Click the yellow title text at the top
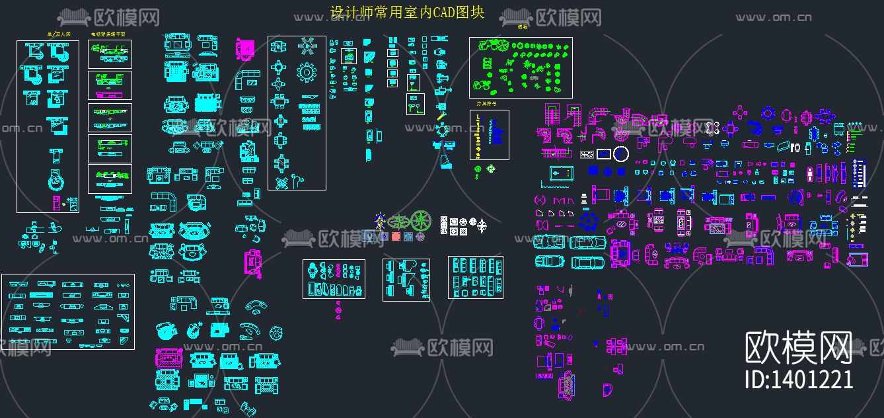[x=407, y=13]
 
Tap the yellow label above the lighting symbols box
[x=486, y=104]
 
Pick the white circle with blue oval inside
[x=620, y=154]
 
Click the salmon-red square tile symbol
[x=396, y=236]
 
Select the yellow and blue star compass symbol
[x=380, y=220]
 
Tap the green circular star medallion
[x=422, y=220]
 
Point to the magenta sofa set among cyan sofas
[x=168, y=358]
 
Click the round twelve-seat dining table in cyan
[x=307, y=71]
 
